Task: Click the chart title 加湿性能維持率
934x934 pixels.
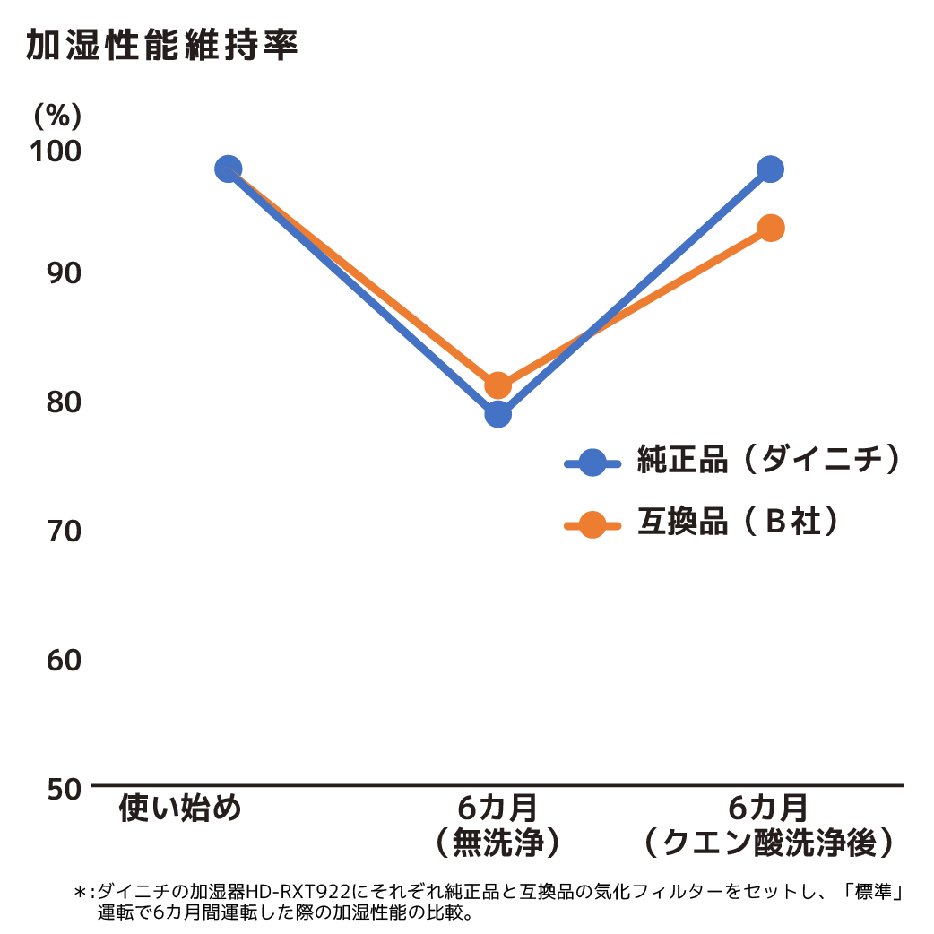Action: pyautogui.click(x=161, y=46)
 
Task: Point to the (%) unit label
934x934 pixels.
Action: pyautogui.click(x=58, y=115)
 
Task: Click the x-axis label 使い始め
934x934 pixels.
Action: pyautogui.click(x=181, y=809)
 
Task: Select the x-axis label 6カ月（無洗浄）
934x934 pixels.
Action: pyautogui.click(x=497, y=825)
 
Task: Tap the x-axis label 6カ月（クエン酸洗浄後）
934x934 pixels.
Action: pyautogui.click(x=769, y=825)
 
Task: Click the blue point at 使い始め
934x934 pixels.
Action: pyautogui.click(x=229, y=169)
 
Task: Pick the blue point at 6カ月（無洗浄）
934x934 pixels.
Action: pyautogui.click(x=498, y=414)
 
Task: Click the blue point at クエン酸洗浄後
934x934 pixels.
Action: pyautogui.click(x=770, y=169)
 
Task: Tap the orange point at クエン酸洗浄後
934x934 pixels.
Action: pyautogui.click(x=770, y=228)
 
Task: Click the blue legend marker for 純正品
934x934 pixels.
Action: pyautogui.click(x=592, y=463)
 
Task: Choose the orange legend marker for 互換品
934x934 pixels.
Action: pyautogui.click(x=592, y=524)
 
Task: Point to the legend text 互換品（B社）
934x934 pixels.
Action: pyautogui.click(x=739, y=522)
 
